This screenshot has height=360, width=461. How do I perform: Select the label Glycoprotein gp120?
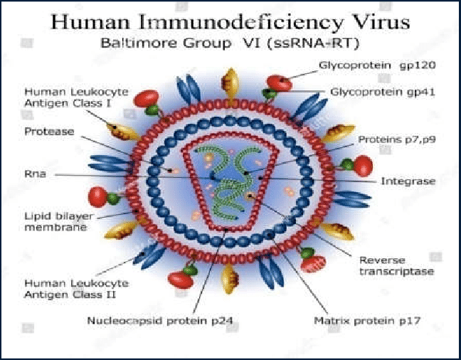377,65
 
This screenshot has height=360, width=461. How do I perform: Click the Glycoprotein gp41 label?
383,92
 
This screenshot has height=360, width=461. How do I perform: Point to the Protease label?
49,131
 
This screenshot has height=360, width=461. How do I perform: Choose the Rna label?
36,174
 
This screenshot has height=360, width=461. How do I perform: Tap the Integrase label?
408,181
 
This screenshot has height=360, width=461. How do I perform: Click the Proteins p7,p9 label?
397,139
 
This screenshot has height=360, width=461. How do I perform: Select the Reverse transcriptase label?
396,265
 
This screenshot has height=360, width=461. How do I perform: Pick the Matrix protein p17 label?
367,320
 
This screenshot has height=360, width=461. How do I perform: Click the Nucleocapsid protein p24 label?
160,320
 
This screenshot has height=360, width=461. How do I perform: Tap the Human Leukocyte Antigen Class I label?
76,97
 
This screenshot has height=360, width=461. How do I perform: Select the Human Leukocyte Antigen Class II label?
76,289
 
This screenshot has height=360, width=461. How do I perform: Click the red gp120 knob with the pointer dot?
280,83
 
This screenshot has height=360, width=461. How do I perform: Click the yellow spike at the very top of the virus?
231,83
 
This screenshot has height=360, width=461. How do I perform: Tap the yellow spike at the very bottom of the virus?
230,279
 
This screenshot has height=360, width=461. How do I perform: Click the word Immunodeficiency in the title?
240,22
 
